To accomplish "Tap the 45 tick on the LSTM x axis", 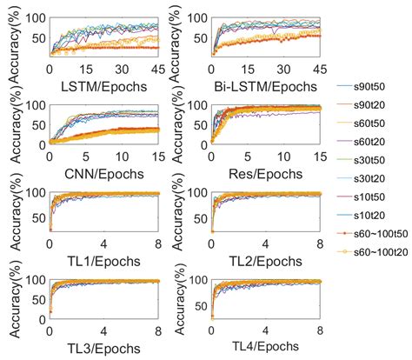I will click(157, 68).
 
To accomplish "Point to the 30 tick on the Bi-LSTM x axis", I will click(283, 68).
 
